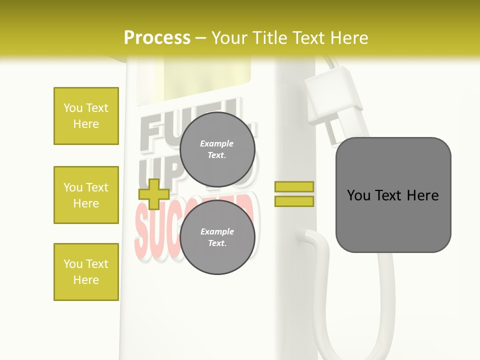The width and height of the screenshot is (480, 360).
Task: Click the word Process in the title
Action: click(157, 38)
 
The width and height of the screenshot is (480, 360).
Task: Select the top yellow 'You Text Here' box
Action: click(86, 116)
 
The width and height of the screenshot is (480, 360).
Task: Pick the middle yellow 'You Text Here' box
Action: click(86, 195)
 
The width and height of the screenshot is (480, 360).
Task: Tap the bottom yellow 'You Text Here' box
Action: click(86, 272)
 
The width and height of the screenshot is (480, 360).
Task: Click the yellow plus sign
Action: click(154, 194)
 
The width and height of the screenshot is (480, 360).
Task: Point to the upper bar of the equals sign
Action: click(294, 186)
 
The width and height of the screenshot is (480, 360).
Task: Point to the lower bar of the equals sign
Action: click(294, 201)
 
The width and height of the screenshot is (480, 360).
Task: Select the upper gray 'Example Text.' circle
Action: click(217, 149)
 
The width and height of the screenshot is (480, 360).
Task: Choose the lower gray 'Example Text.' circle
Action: click(217, 237)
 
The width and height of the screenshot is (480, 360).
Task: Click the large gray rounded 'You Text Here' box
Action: click(393, 195)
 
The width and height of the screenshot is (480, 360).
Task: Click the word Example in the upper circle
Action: click(217, 143)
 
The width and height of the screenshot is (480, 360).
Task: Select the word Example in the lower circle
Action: click(217, 231)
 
